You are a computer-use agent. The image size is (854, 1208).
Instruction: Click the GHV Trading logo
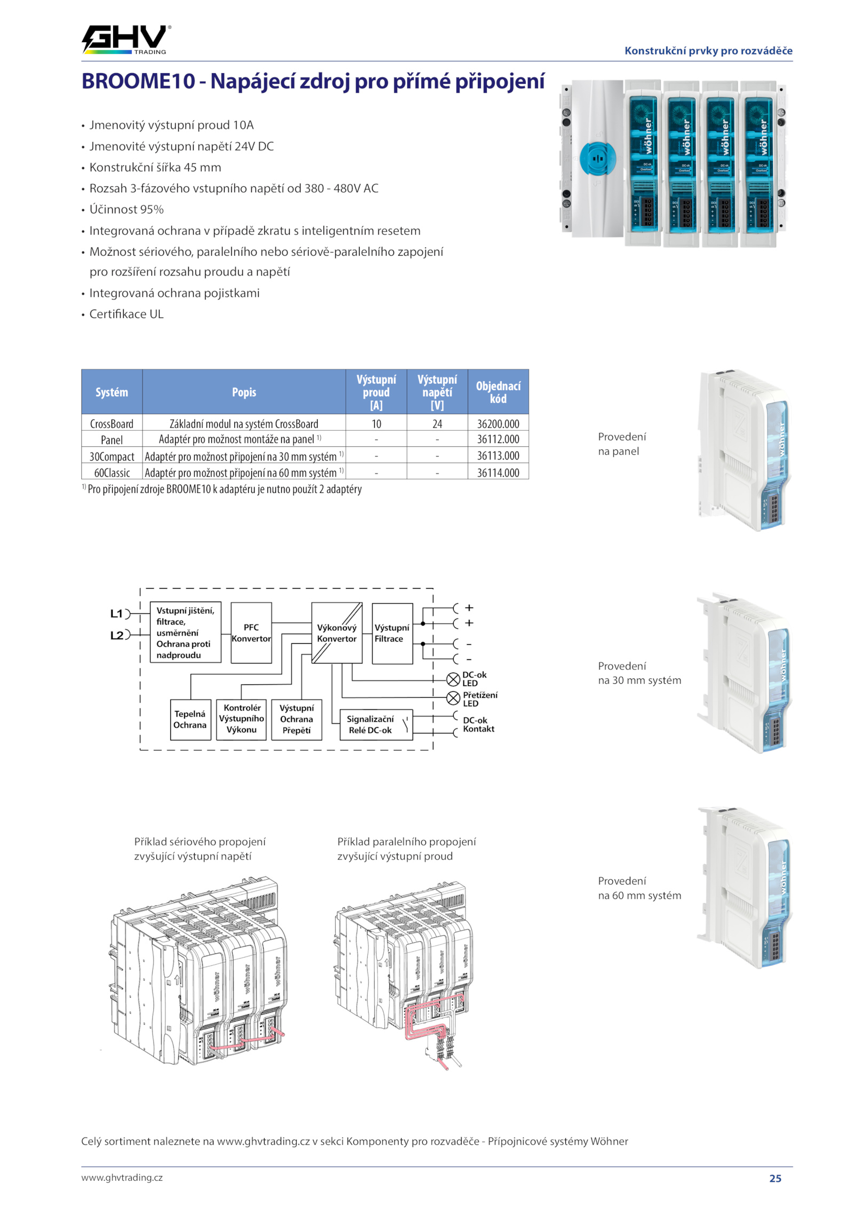tap(126, 40)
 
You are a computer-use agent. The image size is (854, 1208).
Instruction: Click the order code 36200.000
tap(498, 424)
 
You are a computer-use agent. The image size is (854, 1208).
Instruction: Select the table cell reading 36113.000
tap(498, 456)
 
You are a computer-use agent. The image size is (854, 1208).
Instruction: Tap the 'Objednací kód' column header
tap(498, 392)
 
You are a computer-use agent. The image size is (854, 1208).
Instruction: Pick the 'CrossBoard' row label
tap(112, 424)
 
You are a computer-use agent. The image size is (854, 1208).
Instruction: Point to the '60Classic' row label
tap(112, 473)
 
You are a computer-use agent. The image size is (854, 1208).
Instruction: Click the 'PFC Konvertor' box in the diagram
tap(251, 633)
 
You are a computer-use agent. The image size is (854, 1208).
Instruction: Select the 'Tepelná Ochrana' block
tap(190, 720)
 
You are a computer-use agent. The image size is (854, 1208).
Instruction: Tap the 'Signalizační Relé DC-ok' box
tap(376, 724)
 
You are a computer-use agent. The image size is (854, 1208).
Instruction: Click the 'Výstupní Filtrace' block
tap(392, 634)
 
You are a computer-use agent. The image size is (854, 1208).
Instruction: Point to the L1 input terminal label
tap(116, 614)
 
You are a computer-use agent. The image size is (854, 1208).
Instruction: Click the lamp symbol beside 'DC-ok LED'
tap(453, 679)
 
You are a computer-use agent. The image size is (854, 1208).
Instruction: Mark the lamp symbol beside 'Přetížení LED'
tap(453, 698)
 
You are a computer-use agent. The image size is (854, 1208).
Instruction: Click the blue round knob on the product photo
tap(598, 159)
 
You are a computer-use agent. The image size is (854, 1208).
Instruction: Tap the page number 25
tap(776, 1178)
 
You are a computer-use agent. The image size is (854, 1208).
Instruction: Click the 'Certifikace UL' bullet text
tap(126, 314)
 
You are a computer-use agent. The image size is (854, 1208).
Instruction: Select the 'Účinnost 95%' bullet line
tap(126, 210)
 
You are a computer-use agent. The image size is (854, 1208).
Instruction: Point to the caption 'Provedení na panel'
tap(622, 444)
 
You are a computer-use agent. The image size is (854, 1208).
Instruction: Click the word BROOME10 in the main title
tap(139, 81)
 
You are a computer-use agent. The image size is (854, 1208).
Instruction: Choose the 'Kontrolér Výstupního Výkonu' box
tap(241, 719)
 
